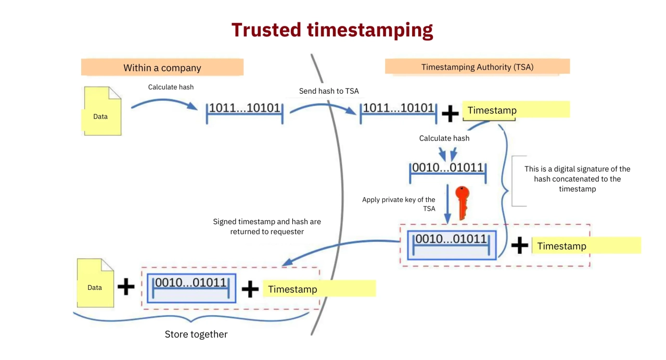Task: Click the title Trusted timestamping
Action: [332, 30]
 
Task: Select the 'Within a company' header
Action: [162, 68]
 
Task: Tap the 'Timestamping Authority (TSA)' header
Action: [477, 67]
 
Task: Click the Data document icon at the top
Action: [102, 111]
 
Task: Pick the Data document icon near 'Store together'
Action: [95, 283]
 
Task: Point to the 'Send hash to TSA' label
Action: [329, 91]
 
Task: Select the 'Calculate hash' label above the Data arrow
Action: [171, 87]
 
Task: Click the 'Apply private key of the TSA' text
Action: [399, 204]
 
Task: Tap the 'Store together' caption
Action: [196, 335]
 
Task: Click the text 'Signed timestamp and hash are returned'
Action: [267, 226]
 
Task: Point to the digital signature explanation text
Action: [577, 179]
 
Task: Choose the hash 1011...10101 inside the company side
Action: [245, 109]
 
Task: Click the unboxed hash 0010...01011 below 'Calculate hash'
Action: [448, 169]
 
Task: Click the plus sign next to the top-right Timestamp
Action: [450, 113]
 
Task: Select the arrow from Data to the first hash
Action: [164, 104]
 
